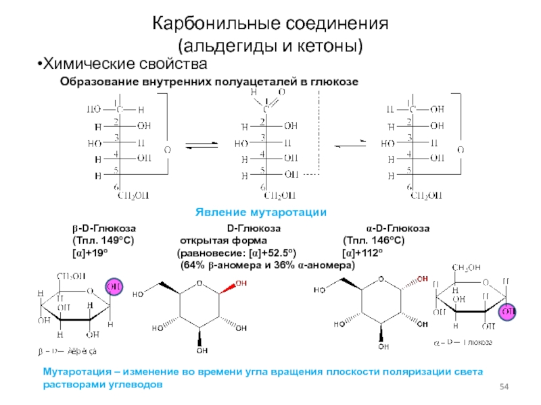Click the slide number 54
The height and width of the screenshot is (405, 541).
click(503, 385)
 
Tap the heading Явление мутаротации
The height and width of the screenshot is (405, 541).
click(261, 212)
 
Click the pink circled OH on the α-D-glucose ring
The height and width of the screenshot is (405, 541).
click(507, 311)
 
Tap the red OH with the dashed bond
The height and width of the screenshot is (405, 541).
click(423, 277)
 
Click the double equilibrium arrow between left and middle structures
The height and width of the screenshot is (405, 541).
click(202, 145)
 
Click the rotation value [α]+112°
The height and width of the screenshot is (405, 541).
click(363, 252)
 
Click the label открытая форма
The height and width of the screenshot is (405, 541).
click(223, 240)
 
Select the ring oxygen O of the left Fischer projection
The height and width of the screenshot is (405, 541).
click(167, 149)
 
